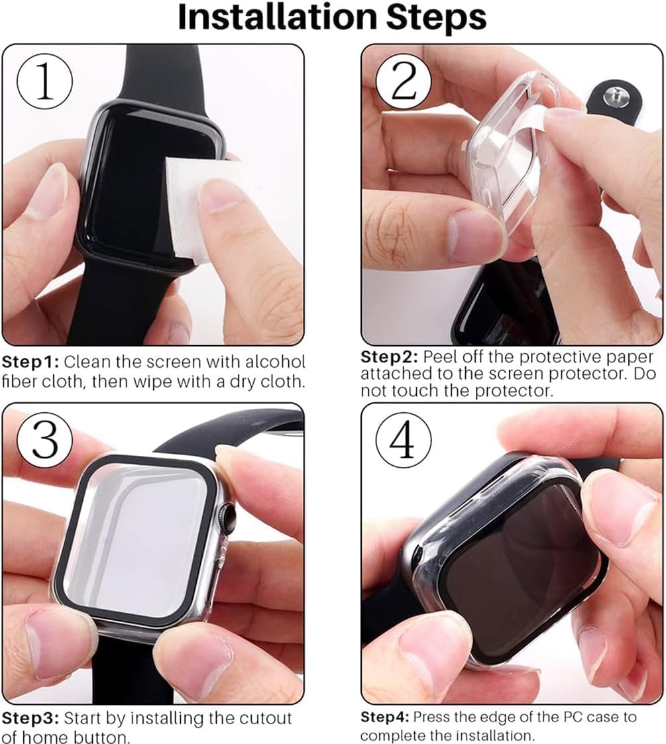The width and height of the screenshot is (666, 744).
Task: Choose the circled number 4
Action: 404,440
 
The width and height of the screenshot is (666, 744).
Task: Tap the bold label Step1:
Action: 30,362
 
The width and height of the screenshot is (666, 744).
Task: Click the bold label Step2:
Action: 389,356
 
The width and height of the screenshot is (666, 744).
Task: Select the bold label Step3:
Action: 30,719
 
